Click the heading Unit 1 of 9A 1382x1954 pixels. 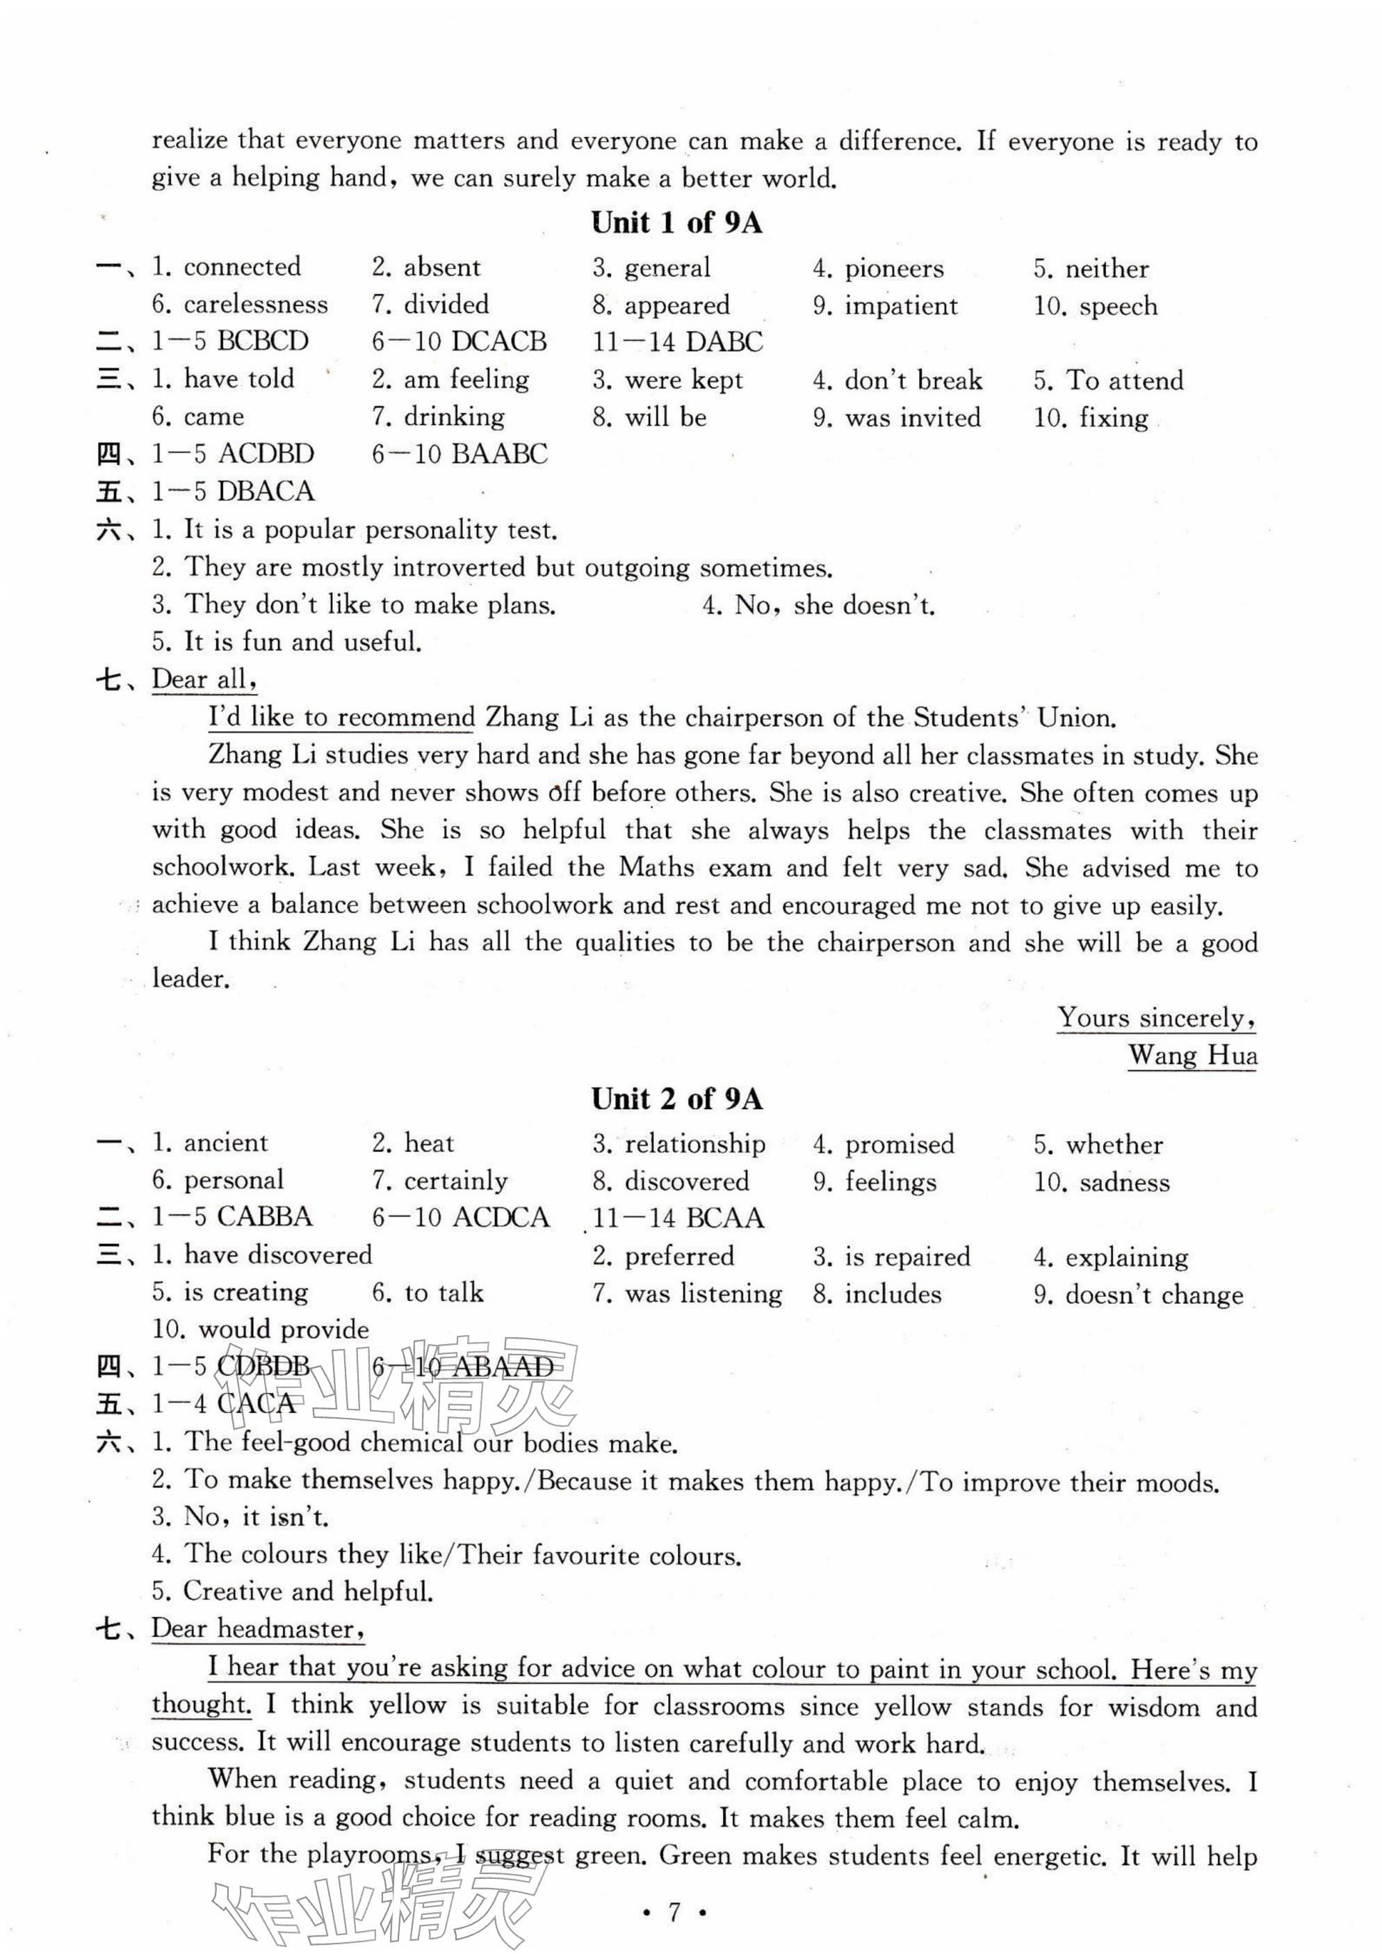676,223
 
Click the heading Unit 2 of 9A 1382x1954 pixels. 676,1099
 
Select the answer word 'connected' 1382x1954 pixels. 242,267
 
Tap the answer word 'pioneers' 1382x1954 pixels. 893,269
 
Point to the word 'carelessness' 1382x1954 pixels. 255,305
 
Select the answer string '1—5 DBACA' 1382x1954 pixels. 232,492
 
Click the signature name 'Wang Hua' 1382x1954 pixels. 1192,1056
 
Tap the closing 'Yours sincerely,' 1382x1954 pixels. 1157,1018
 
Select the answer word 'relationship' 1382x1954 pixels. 694,1144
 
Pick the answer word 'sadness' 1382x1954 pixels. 1124,1182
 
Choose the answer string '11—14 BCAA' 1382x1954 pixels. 678,1218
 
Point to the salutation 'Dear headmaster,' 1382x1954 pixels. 258,1629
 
